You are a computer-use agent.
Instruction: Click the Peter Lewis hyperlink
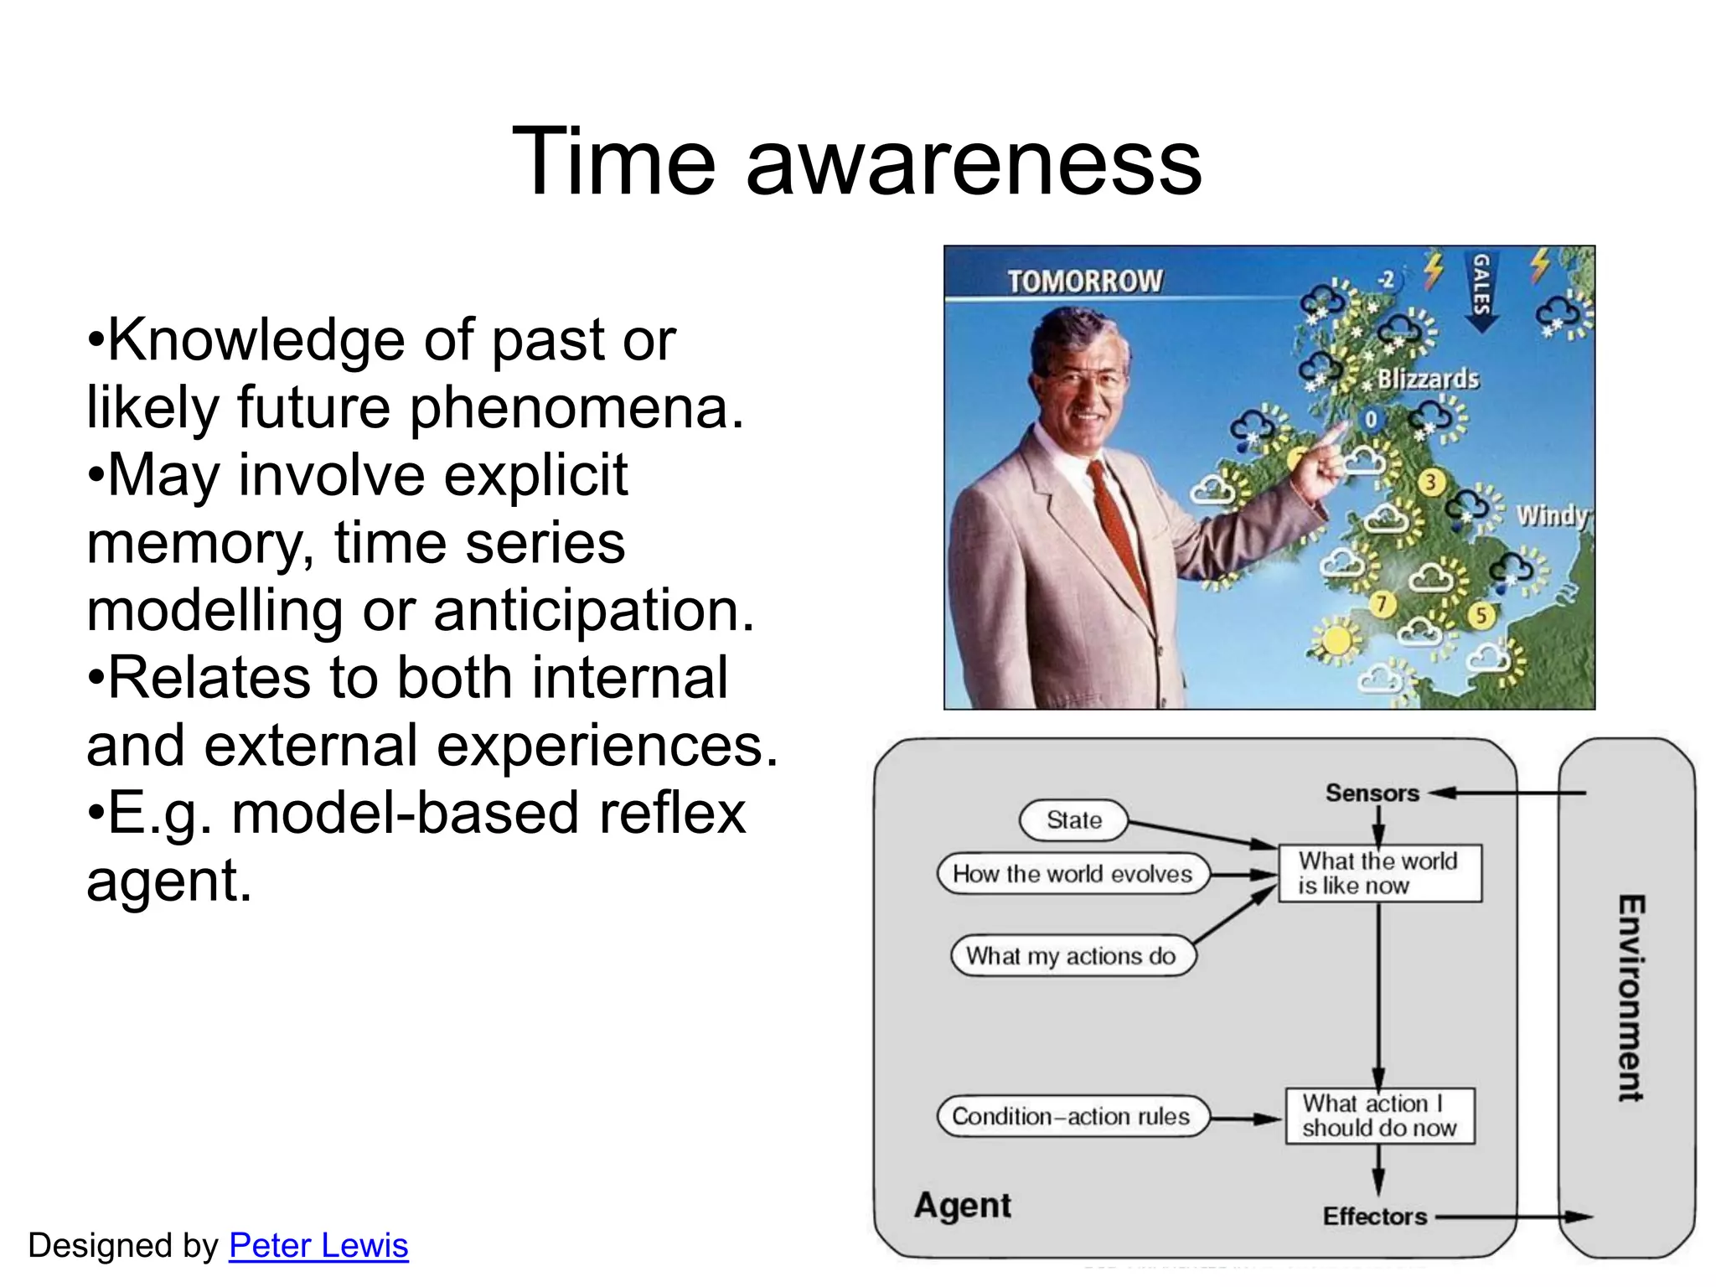click(318, 1246)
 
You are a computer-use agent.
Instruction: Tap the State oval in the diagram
click(1073, 820)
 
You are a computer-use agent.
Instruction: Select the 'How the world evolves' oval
click(1072, 874)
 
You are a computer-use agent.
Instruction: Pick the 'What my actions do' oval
click(1072, 956)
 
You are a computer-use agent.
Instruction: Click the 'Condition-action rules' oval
click(1072, 1116)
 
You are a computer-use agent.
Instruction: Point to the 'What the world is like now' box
click(1379, 873)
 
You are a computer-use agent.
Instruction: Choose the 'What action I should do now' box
click(1380, 1116)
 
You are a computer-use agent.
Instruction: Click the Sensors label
click(1372, 793)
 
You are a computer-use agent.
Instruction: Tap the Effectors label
click(1374, 1216)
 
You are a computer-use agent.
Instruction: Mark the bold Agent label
click(963, 1206)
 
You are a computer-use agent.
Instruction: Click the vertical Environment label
click(1631, 997)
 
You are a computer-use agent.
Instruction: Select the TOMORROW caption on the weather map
click(1085, 282)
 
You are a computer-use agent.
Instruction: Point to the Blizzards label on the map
click(1428, 380)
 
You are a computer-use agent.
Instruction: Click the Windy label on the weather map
click(1551, 515)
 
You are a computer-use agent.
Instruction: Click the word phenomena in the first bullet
click(576, 408)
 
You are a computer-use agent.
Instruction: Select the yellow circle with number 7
click(1382, 603)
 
